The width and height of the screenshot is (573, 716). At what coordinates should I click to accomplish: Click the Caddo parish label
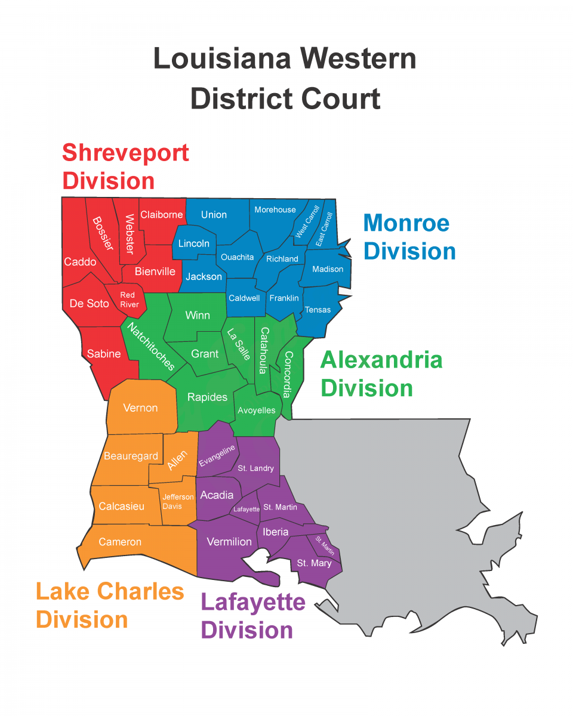80,262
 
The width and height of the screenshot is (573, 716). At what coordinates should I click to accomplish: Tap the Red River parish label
129,300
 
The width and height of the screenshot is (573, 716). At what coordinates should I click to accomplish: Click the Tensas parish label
318,310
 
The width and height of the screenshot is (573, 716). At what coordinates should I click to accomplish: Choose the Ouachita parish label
237,257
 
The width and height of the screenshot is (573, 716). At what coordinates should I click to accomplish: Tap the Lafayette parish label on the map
246,509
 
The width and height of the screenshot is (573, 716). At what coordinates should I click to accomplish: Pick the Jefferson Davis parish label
178,501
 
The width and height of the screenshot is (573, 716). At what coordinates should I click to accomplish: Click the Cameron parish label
120,542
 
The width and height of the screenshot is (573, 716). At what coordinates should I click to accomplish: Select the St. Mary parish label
314,563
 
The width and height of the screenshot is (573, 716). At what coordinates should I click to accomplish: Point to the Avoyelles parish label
257,411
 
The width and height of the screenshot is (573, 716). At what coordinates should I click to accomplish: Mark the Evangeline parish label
217,455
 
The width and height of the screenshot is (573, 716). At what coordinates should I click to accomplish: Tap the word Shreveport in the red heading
125,153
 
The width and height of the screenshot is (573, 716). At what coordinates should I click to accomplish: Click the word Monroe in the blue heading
406,223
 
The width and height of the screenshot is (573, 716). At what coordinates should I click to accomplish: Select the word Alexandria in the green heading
381,360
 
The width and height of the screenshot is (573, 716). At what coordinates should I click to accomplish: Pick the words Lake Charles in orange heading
110,591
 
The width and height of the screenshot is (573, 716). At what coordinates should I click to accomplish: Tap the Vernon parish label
140,408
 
